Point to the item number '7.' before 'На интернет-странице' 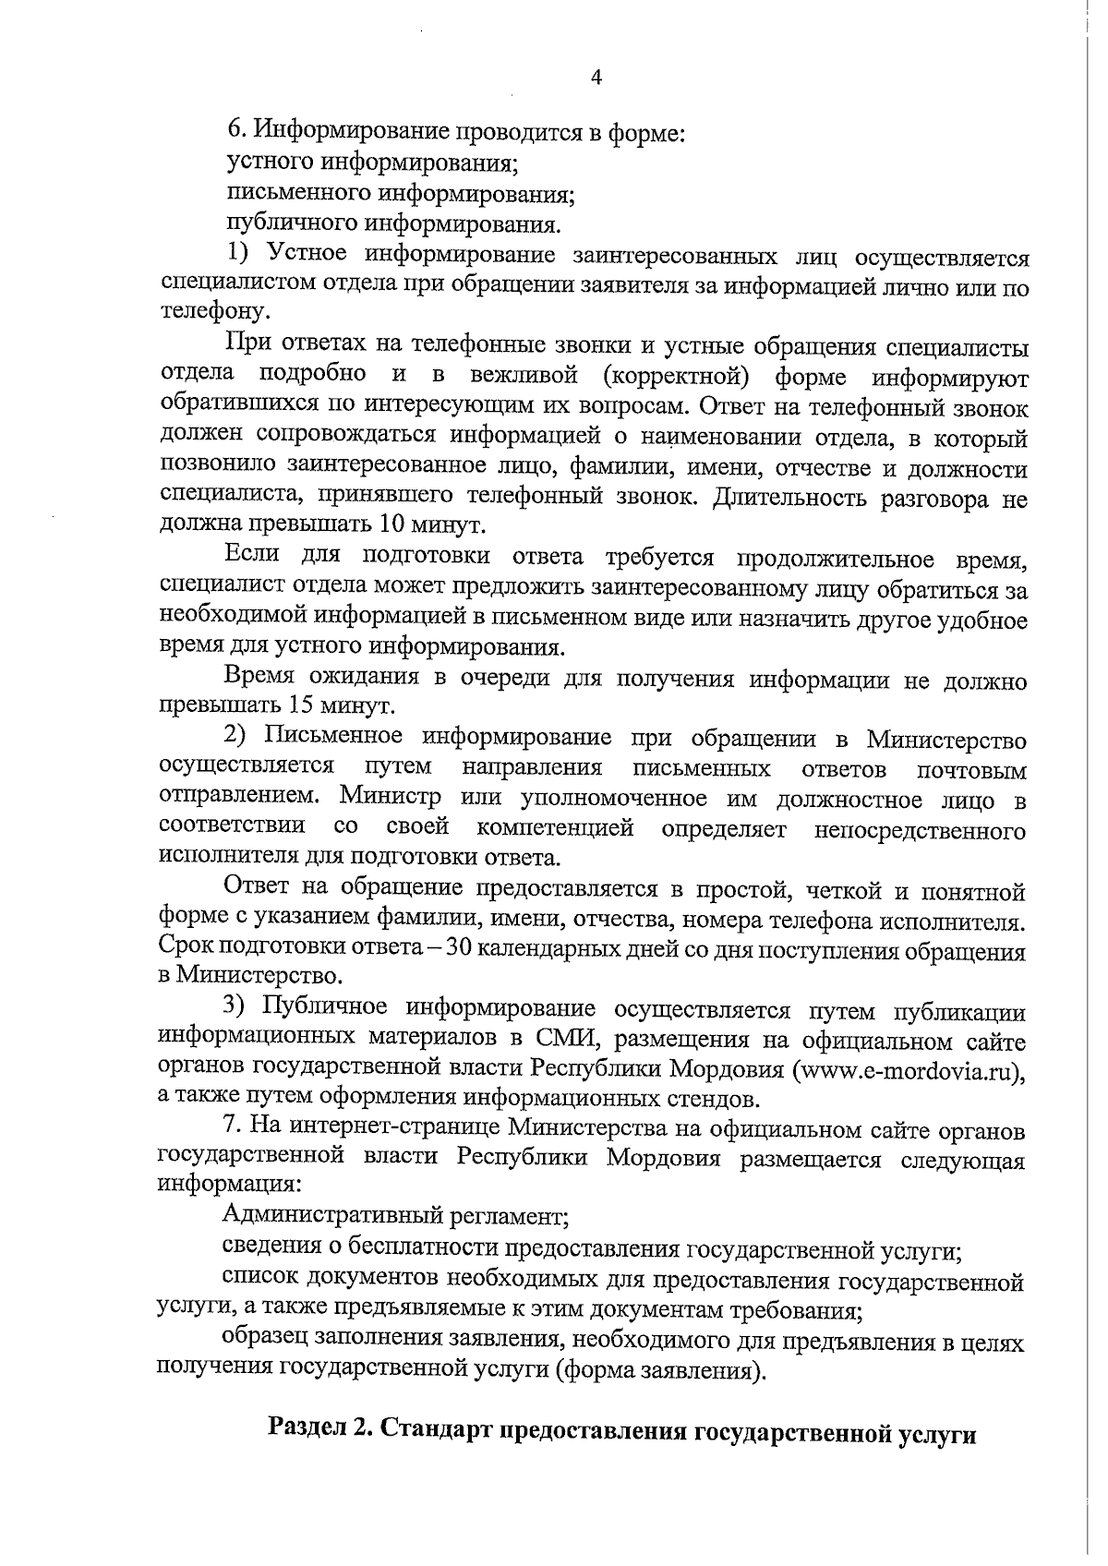pos(234,1130)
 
